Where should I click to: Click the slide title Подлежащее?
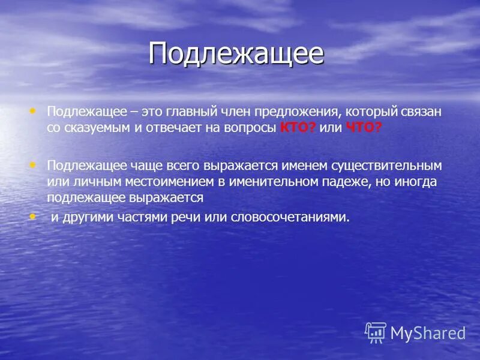(236, 54)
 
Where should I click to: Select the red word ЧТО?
(364, 128)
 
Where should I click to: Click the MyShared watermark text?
(428, 333)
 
